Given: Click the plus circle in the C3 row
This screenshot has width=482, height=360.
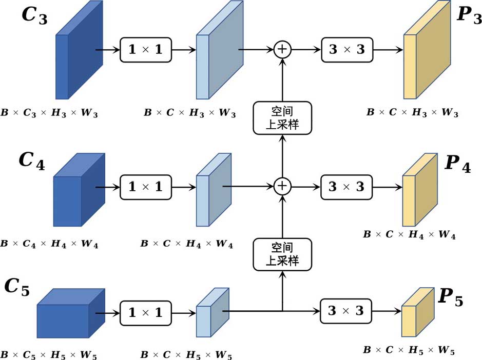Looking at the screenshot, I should click(x=282, y=50).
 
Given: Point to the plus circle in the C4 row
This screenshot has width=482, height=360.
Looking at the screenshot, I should click(x=282, y=186).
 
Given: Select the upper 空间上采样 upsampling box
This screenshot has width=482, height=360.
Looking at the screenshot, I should click(x=282, y=118).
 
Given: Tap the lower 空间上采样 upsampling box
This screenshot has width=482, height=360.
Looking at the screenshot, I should click(x=282, y=254).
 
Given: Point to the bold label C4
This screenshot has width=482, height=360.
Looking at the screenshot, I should click(x=32, y=161).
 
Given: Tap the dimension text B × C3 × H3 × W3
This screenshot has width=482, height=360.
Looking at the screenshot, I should click(x=49, y=113).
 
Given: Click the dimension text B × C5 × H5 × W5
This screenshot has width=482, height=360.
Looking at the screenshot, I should click(x=49, y=354).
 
